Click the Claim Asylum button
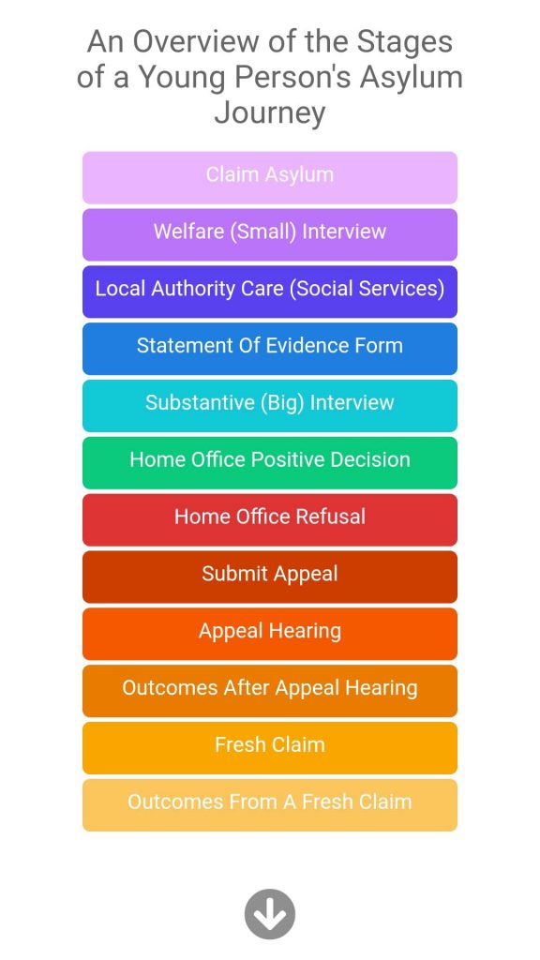270,177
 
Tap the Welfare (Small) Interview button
270,234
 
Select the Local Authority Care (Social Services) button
270,292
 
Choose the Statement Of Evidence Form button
270,349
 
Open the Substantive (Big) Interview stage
270,405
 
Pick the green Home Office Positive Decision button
270,462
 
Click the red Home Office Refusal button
270,519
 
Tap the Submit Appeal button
270,577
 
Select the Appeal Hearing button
270,634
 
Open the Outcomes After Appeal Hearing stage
270,691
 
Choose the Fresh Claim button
270,747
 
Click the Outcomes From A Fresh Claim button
270,804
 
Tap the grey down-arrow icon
270,914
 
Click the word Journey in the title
270,113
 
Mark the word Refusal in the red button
331,517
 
